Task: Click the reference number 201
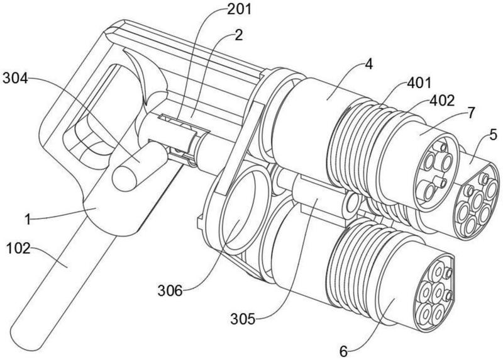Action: pos(239,9)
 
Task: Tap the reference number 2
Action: pos(239,35)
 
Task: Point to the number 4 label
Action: pos(369,64)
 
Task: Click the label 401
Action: pos(419,83)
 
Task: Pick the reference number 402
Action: pos(442,101)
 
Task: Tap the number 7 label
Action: pos(470,113)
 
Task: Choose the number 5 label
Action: pos(493,134)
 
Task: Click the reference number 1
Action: pos(28,220)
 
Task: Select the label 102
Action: pos(18,248)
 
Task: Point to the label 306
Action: pos(170,291)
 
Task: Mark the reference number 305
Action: pos(243,319)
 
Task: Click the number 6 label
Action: pos(343,352)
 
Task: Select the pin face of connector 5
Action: pos(478,201)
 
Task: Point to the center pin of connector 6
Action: pos(436,291)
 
